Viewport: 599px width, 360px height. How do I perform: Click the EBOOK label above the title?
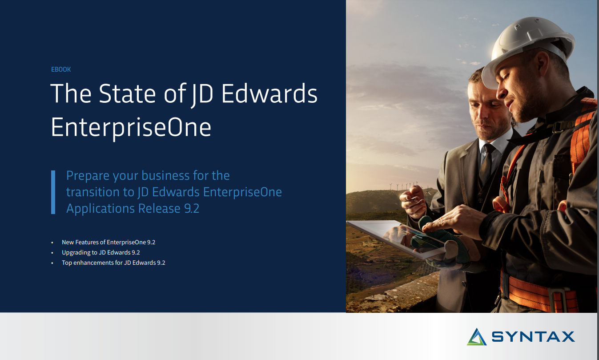coord(61,69)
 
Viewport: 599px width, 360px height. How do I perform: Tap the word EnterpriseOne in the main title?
coord(131,127)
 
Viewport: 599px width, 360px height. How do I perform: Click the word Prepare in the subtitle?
coord(87,176)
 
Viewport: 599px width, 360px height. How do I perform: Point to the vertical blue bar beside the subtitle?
coord(53,192)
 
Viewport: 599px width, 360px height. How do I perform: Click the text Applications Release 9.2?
coord(133,208)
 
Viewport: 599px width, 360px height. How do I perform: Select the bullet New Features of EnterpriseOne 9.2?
coord(108,243)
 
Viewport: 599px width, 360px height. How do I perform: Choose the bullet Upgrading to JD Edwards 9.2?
coord(101,253)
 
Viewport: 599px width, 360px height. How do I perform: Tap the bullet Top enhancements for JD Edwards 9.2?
coord(113,263)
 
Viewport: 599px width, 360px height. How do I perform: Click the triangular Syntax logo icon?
coord(477,337)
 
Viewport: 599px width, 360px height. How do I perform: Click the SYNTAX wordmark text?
coord(533,337)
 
